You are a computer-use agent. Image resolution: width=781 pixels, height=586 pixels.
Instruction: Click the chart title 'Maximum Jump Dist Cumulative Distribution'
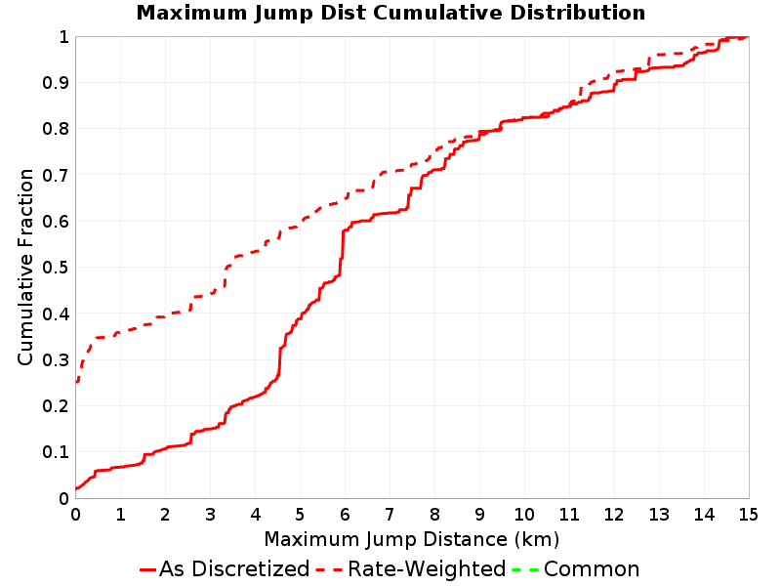(x=390, y=13)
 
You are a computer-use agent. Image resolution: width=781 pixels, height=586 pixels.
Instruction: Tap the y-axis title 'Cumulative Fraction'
(x=25, y=267)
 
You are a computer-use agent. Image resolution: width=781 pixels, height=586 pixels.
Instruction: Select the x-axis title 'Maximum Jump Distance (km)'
(x=412, y=539)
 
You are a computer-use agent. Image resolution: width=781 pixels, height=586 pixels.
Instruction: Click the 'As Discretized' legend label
(x=234, y=568)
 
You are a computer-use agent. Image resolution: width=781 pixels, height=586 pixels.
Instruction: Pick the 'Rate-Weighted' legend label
(x=427, y=568)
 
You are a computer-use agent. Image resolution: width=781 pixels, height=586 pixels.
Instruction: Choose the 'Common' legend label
(x=592, y=569)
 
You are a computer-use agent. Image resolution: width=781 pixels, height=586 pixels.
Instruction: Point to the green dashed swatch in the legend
(x=525, y=569)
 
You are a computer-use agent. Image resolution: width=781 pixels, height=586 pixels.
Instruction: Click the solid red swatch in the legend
(x=148, y=569)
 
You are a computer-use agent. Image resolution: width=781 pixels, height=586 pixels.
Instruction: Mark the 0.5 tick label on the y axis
(x=56, y=268)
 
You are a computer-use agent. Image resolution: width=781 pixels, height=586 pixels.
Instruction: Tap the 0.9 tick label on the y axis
(x=56, y=83)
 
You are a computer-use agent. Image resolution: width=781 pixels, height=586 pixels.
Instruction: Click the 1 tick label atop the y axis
(x=63, y=37)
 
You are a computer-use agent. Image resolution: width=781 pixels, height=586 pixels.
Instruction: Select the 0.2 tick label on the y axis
(x=56, y=406)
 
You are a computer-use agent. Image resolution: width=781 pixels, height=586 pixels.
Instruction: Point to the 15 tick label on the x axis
(x=748, y=515)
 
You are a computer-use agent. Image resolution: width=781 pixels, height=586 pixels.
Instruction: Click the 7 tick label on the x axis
(x=390, y=515)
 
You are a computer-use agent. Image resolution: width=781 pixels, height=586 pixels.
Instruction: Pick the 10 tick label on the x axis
(x=524, y=515)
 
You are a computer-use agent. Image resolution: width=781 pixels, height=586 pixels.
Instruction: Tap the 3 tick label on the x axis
(x=210, y=515)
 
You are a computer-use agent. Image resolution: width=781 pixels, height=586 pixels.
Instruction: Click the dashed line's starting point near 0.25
(x=77, y=382)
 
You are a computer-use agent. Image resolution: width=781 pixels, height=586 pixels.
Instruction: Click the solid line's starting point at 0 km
(x=76, y=488)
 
